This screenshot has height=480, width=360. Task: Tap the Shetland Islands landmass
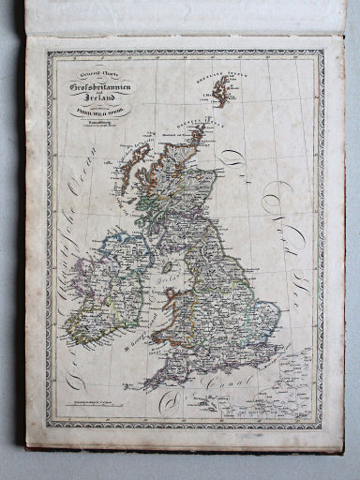point(221,90)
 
